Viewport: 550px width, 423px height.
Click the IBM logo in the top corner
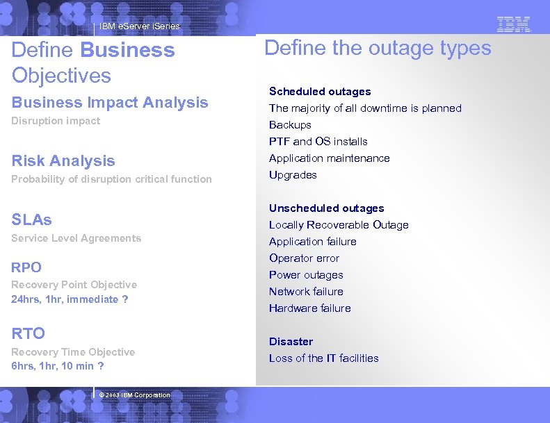click(514, 24)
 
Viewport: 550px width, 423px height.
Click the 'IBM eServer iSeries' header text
click(139, 26)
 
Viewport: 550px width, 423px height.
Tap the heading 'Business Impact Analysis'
click(110, 102)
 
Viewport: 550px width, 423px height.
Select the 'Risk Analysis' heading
click(63, 160)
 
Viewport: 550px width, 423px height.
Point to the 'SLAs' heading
click(32, 219)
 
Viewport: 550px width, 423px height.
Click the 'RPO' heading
click(26, 267)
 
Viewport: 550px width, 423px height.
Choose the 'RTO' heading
click(29, 334)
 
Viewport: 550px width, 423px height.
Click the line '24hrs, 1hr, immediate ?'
click(70, 299)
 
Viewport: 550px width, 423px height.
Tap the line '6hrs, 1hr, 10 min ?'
click(58, 366)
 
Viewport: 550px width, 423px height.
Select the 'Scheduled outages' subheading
click(320, 91)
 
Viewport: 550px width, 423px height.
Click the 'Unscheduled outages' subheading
click(326, 208)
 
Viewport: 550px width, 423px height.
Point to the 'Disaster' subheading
click(291, 341)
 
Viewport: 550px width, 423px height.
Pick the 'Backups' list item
click(290, 124)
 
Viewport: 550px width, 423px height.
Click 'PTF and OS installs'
click(318, 141)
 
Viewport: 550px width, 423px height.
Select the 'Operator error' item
click(304, 258)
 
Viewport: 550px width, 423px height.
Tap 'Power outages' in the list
click(306, 274)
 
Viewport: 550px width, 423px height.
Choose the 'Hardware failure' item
click(309, 308)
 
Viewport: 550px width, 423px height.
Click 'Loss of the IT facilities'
click(323, 358)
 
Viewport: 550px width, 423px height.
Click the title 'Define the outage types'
click(378, 48)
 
